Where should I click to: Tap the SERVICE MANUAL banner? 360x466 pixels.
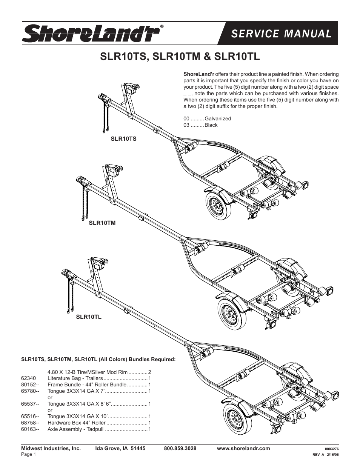point(281,34)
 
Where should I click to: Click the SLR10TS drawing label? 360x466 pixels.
point(123,139)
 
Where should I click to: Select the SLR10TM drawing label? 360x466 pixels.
point(102,223)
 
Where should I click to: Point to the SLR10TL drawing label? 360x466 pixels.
point(89,317)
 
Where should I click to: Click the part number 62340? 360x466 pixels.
point(29,378)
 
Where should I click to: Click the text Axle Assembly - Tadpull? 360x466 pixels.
point(75,429)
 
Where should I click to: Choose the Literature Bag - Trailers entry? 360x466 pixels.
point(75,378)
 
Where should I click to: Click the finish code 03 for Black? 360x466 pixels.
point(186,125)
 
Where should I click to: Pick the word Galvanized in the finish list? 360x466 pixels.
point(218,118)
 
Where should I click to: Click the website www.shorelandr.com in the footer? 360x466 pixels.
point(243,448)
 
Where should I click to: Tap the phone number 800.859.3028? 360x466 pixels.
point(180,448)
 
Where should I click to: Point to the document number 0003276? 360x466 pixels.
point(332,449)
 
